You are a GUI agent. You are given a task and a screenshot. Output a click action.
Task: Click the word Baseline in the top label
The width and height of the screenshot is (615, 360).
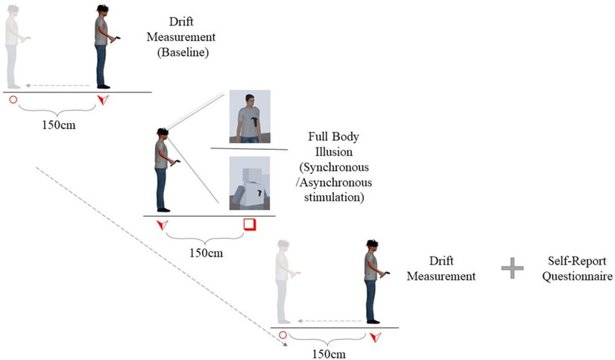183,52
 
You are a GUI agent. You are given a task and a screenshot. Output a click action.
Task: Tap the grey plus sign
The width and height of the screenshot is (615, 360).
512,268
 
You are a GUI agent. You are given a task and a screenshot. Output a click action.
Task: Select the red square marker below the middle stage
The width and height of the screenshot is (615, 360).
250,224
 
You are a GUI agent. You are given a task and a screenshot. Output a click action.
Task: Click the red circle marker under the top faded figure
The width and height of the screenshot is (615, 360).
13,100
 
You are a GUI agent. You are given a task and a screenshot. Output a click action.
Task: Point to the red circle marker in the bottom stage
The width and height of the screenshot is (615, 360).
283,335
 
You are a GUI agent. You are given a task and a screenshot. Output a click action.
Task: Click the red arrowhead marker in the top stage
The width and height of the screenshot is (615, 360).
102,100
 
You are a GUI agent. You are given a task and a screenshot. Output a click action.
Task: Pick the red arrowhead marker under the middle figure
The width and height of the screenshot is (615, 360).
163,224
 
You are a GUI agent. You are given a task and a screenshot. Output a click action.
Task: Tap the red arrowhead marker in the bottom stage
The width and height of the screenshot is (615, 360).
376,337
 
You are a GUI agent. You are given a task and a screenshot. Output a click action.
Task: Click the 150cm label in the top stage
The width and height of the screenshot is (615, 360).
58,125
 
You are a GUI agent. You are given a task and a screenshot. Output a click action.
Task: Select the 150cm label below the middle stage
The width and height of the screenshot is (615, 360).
206,253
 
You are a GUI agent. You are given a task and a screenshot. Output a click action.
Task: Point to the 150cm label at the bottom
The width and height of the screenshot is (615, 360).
329,354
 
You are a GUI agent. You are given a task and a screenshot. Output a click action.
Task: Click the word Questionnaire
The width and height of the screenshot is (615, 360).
577,276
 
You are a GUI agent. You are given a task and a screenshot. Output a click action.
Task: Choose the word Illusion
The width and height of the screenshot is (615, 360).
334,152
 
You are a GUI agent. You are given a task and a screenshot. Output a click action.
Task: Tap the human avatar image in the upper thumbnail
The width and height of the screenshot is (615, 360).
250,116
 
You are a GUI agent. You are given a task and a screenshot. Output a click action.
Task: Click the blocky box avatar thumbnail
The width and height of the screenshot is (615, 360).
250,183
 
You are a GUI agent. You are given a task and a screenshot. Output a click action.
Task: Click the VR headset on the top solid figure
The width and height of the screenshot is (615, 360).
102,8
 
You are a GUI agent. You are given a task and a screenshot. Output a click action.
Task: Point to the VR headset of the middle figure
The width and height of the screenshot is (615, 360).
163,132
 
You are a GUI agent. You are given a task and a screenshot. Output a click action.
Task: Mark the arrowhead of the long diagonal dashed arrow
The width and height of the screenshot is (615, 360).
285,344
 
